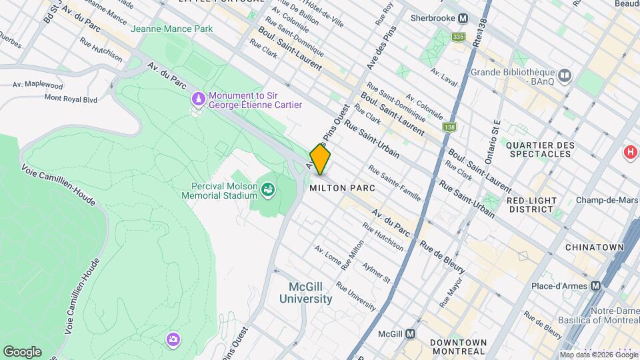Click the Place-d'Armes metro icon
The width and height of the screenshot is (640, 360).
(x=595, y=285)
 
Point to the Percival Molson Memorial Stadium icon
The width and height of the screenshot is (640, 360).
(x=268, y=190)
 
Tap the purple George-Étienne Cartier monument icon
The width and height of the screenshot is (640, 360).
(x=198, y=99)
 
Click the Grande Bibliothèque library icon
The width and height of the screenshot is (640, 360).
(x=565, y=77)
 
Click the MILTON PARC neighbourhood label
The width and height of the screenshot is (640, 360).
(x=338, y=189)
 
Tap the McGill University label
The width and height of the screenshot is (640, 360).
(x=310, y=293)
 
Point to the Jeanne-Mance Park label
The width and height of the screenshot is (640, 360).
(x=171, y=29)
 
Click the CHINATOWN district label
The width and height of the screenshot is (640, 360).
(x=594, y=247)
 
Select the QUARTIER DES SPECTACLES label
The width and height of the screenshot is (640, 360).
(x=539, y=149)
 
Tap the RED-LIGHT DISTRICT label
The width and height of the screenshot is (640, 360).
(x=530, y=204)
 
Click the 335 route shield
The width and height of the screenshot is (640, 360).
(x=457, y=37)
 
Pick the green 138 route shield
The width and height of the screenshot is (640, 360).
(x=450, y=126)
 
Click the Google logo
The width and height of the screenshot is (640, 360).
(x=22, y=351)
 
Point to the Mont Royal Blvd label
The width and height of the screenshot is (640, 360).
(x=71, y=98)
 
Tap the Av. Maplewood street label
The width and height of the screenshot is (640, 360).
(x=37, y=85)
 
